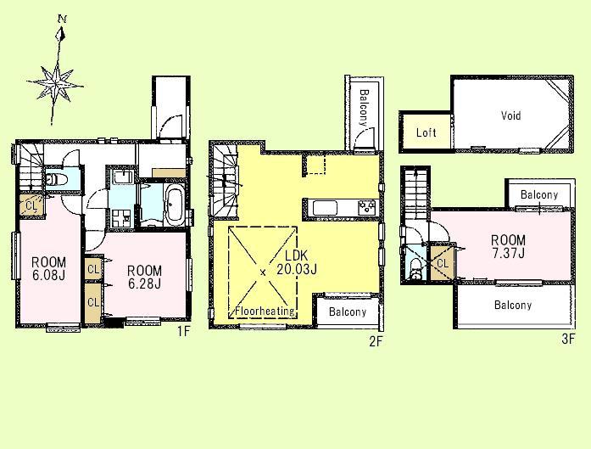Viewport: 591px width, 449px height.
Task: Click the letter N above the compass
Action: point(62,17)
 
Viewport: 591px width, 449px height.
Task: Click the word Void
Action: point(510,116)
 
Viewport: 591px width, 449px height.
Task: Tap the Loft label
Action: point(427,133)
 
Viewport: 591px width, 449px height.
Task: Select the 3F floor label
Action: point(567,339)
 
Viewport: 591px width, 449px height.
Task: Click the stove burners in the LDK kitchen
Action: point(365,207)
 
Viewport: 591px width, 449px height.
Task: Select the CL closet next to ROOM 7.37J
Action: point(442,263)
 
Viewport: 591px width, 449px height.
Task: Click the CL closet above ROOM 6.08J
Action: point(31,205)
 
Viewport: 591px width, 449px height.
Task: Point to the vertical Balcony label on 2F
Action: point(362,108)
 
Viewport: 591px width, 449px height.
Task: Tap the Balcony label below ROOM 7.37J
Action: point(513,305)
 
